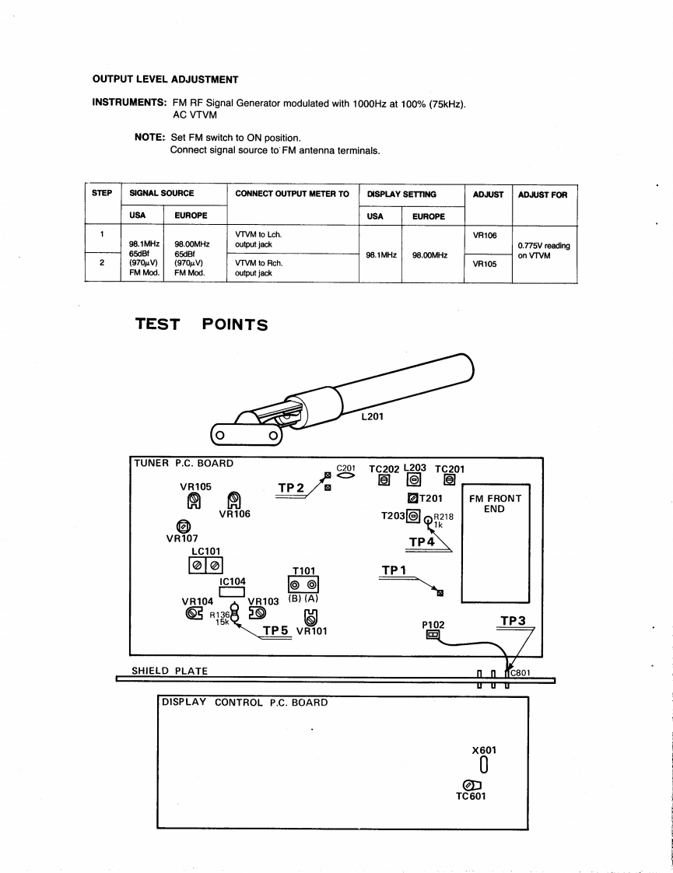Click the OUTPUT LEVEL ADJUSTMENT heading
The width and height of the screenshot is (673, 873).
point(165,79)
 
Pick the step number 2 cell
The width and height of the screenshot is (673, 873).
point(101,262)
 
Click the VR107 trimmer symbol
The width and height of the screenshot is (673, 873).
point(184,526)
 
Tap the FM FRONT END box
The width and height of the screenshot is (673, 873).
point(494,503)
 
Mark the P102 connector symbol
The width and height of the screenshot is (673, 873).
point(433,635)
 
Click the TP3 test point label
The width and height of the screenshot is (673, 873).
point(514,621)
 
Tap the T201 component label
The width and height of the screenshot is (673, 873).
point(431,498)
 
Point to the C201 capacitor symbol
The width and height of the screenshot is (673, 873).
point(346,474)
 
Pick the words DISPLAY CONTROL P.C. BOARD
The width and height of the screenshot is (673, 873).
point(244,703)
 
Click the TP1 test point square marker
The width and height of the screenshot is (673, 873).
point(440,594)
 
